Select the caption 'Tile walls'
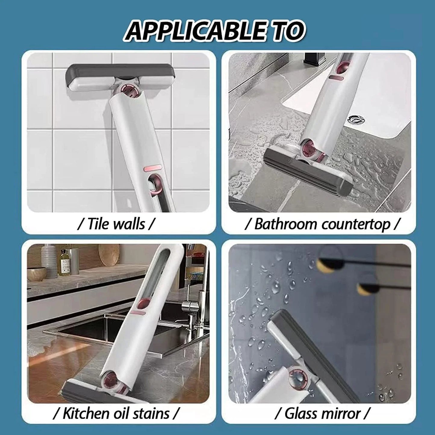pyautogui.click(x=116, y=224)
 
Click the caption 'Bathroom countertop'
pyautogui.click(x=322, y=224)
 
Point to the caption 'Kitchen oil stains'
pyautogui.click(x=116, y=413)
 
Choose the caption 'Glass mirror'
pyautogui.click(x=322, y=413)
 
